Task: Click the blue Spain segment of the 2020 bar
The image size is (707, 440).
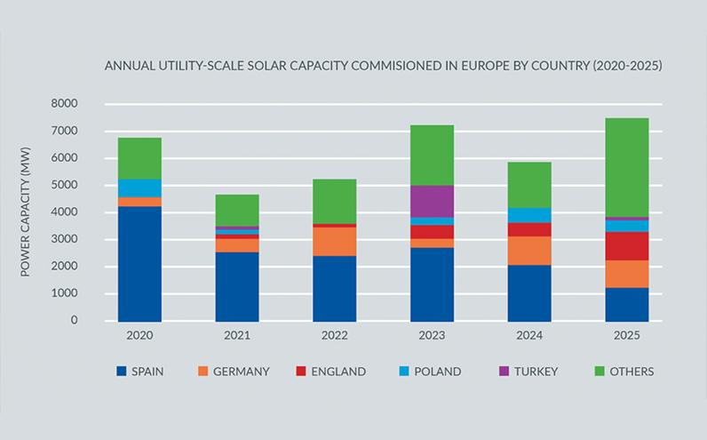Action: point(139,263)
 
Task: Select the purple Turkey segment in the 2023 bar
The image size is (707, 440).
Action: point(432,202)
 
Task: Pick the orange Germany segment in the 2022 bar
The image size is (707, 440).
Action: point(334,241)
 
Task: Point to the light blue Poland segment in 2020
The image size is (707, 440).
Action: point(139,188)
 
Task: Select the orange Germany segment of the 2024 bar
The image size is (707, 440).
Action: point(529,251)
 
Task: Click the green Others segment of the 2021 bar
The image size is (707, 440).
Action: point(237,210)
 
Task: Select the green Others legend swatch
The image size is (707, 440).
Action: point(597,372)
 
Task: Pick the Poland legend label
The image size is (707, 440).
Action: point(437,372)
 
